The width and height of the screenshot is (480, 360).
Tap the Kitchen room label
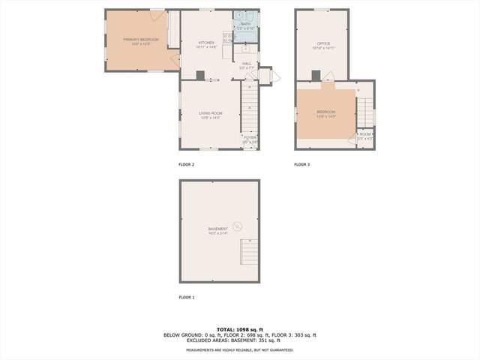pos(206,43)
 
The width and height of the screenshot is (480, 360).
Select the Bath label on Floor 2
pos(246,24)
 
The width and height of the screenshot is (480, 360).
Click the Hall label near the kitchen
pos(247,64)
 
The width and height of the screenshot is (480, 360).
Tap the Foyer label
pos(249,139)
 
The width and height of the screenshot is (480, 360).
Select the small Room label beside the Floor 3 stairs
pos(364,134)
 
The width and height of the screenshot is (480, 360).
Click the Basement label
pos(218,229)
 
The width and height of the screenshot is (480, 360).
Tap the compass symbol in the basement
pos(238,226)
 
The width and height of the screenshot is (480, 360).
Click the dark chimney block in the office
pos(316,74)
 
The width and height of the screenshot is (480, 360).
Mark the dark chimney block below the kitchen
pos(201,74)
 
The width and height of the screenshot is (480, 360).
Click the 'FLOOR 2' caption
pos(186,164)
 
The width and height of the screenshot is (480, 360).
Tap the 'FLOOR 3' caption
pos(301,164)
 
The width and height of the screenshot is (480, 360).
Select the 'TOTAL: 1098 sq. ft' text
pos(240,329)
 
